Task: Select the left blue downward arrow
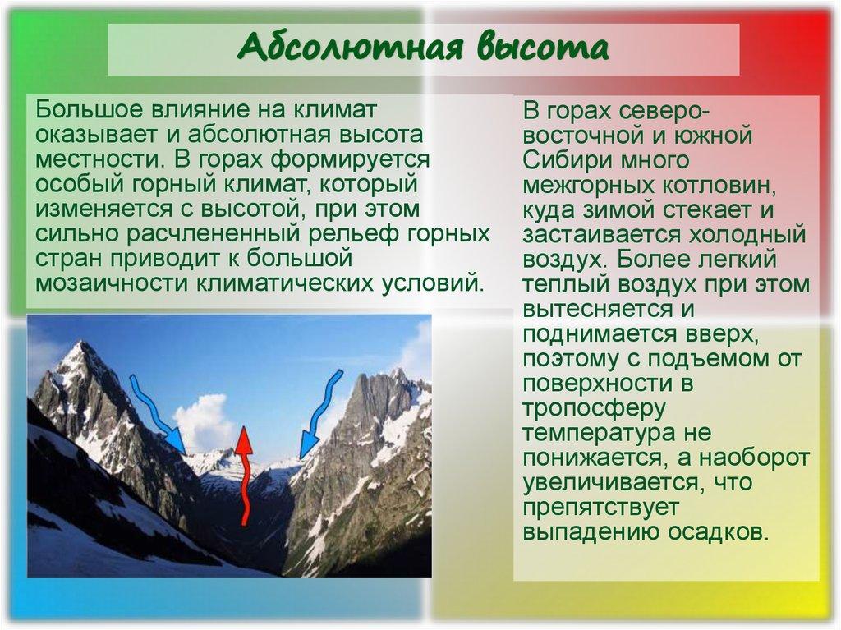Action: coord(158,411)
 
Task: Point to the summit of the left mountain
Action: coord(79,344)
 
